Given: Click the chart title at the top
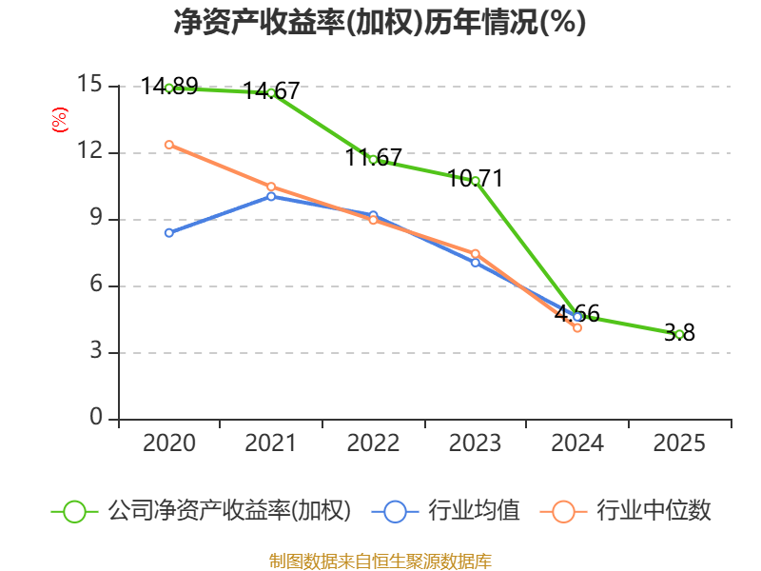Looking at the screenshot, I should tap(380, 23).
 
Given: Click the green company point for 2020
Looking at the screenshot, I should tap(168, 88).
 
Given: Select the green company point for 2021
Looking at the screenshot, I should tap(271, 92).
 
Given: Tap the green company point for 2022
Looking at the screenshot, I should tap(373, 159).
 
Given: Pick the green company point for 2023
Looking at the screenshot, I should tap(476, 181).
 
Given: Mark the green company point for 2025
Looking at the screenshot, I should tap(679, 334).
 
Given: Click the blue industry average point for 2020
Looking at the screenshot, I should tap(168, 232).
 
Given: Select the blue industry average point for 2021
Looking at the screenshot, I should tap(271, 196).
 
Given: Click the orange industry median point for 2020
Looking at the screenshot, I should tap(168, 145).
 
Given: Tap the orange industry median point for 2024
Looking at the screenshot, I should tap(577, 327).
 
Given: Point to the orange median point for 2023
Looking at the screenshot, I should tap(476, 253).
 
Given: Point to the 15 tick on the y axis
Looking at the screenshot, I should tap(89, 85).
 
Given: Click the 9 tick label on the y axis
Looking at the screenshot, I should tap(96, 218).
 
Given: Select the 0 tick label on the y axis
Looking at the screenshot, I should tap(96, 418).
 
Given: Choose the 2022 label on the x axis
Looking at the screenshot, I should tap(373, 443).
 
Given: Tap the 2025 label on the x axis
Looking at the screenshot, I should tap(679, 443).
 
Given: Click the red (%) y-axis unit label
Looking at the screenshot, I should tap(59, 121).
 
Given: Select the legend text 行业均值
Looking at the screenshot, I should tap(474, 511).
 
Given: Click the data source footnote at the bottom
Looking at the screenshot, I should tap(380, 561).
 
